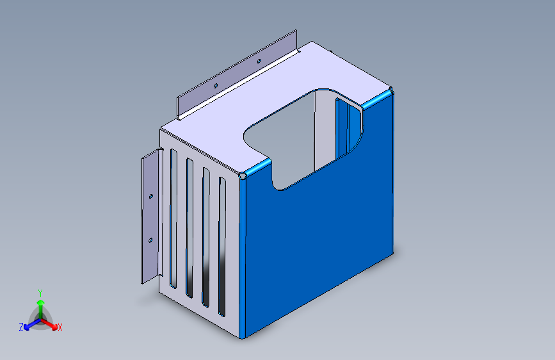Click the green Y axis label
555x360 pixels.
(40, 291)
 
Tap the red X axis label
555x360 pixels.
(60, 328)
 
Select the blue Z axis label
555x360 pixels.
(21, 327)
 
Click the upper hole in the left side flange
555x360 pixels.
(151, 196)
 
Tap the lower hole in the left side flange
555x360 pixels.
(150, 240)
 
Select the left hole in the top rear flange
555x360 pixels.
(216, 85)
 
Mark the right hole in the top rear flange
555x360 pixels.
(259, 61)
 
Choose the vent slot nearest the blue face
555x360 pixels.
(222, 247)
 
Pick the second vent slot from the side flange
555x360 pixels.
(189, 227)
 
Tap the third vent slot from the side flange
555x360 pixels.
(206, 237)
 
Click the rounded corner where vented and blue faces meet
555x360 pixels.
(243, 175)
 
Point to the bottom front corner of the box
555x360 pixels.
(241, 337)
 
